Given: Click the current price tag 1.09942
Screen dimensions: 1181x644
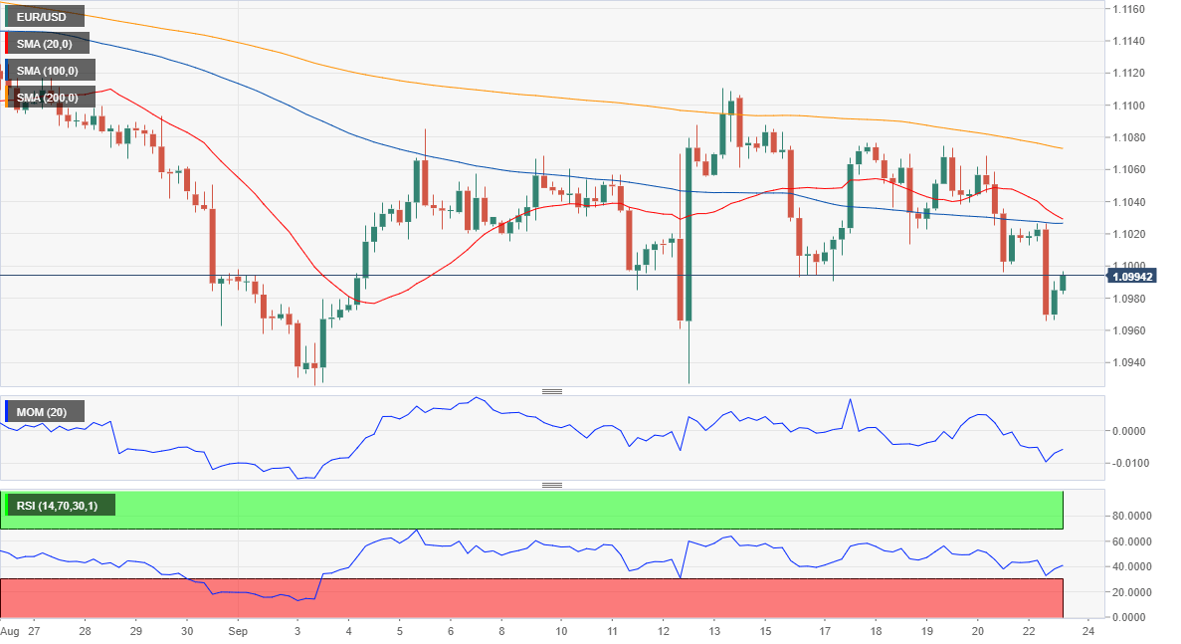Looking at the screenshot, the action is (1132, 277).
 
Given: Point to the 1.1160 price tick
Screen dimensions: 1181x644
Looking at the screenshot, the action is (1128, 9).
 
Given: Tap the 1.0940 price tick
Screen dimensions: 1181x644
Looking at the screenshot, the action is (1128, 362).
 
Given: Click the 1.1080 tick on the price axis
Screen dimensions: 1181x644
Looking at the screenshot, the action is (1128, 137).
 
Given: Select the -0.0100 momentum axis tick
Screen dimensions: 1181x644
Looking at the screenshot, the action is (1130, 463).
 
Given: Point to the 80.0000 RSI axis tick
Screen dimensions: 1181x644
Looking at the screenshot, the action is (1131, 516).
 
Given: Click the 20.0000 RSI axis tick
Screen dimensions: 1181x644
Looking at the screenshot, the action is (1131, 592).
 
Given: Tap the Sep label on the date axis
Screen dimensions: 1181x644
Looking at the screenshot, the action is (238, 631).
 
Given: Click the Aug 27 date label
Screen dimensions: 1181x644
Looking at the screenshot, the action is (20, 631).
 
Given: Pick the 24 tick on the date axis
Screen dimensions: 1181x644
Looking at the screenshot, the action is (1087, 631).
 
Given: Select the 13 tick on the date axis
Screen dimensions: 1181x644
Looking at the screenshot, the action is (714, 631).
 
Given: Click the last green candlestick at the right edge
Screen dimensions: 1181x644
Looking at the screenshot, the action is (1063, 283).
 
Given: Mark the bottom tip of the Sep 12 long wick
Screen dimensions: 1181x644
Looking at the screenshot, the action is (689, 383).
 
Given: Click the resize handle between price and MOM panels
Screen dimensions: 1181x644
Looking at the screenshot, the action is (552, 391).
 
